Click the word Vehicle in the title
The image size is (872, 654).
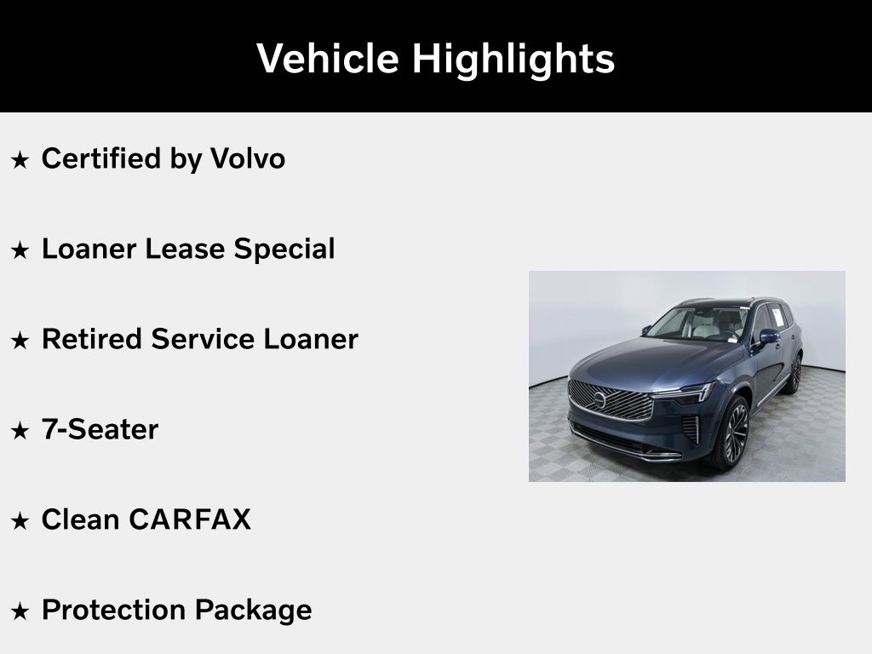tap(328, 58)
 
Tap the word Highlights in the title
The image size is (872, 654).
tap(513, 60)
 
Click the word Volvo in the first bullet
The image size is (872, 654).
tap(248, 158)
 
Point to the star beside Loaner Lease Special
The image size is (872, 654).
tap(20, 250)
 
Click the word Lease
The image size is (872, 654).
tap(185, 249)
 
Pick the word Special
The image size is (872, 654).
tap(284, 250)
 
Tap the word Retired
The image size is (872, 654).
tap(92, 339)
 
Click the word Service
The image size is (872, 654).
tap(203, 339)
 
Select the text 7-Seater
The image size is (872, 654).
tap(100, 429)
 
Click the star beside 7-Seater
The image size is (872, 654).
tap(20, 430)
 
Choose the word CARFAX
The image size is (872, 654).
tap(190, 519)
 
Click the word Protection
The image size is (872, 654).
tap(114, 610)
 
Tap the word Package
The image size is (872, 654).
tap(253, 611)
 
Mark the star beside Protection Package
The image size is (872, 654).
tap(20, 611)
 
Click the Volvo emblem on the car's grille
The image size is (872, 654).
tap(599, 399)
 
